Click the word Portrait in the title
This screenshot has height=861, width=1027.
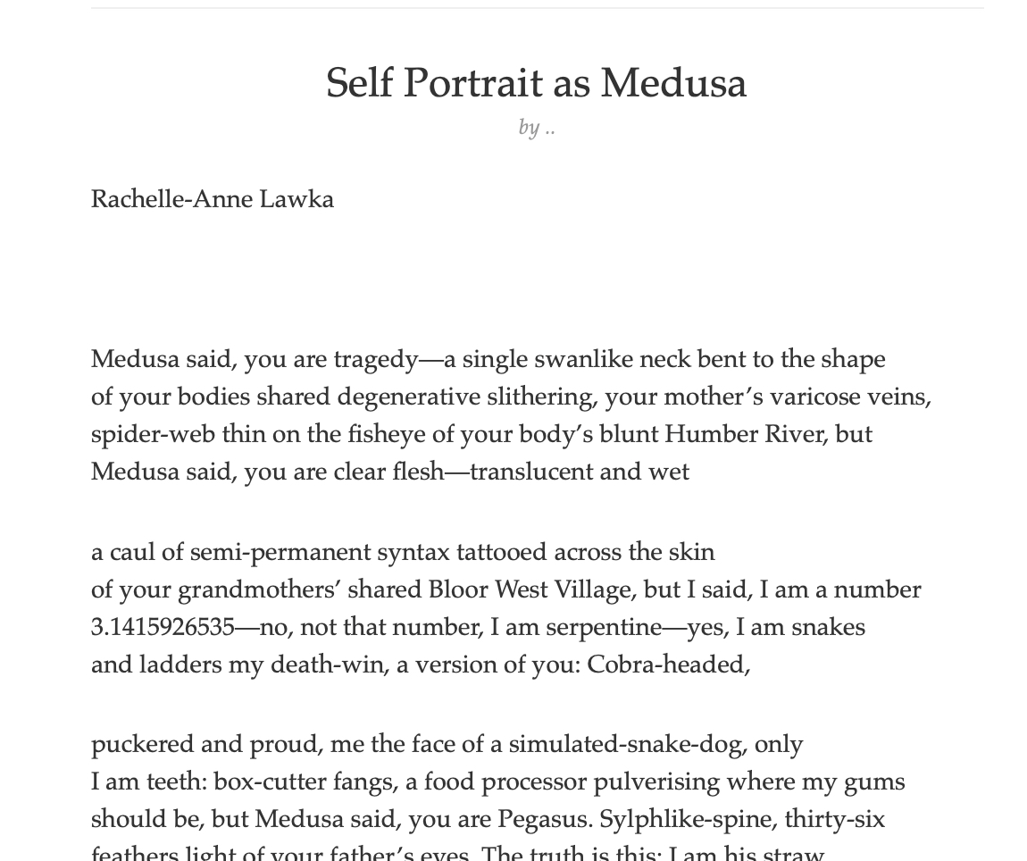click(472, 84)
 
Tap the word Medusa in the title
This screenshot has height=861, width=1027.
click(673, 84)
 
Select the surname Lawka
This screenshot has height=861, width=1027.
click(296, 199)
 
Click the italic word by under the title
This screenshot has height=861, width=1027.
click(529, 128)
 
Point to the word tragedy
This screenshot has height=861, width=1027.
click(376, 360)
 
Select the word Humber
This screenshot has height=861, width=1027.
click(709, 434)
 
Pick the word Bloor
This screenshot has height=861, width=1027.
click(457, 589)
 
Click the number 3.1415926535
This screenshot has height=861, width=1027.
click(163, 627)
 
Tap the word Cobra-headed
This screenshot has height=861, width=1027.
click(668, 665)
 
